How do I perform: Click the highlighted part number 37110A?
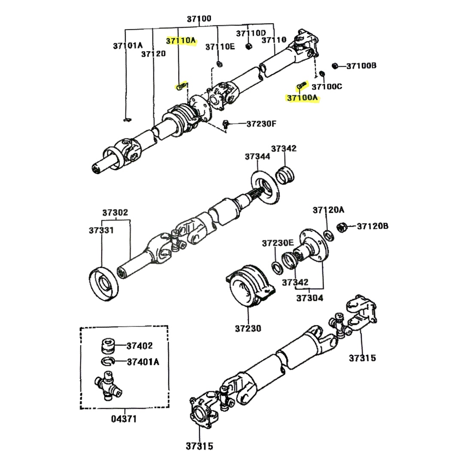coord(181,41)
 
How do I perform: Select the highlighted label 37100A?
coord(302,98)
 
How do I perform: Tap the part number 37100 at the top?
coord(199,19)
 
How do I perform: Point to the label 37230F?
coord(261,124)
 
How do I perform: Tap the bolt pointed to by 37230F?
coord(225,124)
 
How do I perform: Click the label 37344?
coord(258,157)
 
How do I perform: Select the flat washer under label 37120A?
coord(328,235)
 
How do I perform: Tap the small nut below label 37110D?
coord(248,46)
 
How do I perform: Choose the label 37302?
coord(115,213)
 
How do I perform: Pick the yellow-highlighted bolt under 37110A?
coord(182,86)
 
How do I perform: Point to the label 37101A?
coord(128,45)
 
